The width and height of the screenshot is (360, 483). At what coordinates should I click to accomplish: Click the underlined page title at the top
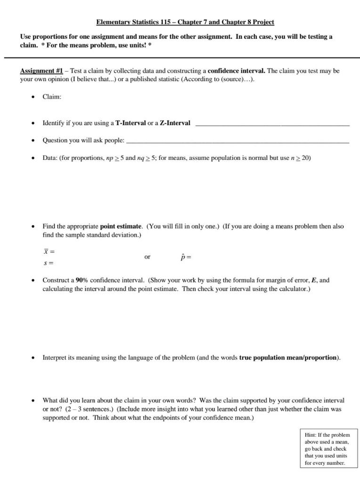coord(185,22)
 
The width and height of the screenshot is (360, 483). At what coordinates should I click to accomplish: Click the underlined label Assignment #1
coord(41,71)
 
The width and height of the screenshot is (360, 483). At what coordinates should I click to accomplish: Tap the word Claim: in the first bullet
coord(52,97)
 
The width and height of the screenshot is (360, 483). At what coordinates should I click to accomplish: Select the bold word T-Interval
coord(131,123)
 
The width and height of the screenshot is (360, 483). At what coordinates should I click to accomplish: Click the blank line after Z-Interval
coord(272,124)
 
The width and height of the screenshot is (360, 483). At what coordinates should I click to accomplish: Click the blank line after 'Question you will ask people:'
coord(238,141)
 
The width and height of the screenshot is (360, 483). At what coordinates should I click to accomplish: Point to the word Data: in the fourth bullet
coord(50,158)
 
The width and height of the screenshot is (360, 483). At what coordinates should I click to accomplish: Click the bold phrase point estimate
coord(121,226)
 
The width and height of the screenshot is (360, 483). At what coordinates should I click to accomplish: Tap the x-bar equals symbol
coord(49,252)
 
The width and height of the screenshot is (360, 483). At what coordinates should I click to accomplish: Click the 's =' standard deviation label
coord(48,263)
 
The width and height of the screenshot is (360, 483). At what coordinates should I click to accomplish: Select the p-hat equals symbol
coord(186,258)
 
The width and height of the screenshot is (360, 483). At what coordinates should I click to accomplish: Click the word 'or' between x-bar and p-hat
coord(147,257)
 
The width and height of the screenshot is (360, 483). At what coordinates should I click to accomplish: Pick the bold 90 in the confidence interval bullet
coord(79,280)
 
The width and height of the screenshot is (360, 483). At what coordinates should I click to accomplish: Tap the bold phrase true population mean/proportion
coord(289,358)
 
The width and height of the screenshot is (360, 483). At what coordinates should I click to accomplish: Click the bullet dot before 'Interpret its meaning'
coord(33,358)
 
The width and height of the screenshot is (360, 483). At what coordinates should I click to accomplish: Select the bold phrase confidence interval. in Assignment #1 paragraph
coord(237,71)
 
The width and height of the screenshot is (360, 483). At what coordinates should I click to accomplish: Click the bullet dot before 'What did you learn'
coord(33,400)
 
